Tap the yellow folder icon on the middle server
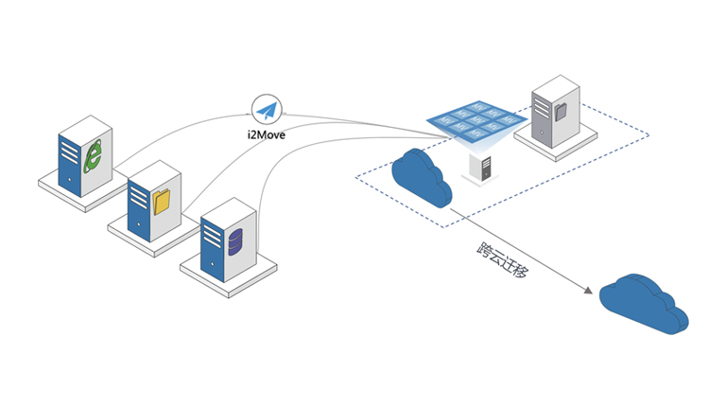coord(161,201)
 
